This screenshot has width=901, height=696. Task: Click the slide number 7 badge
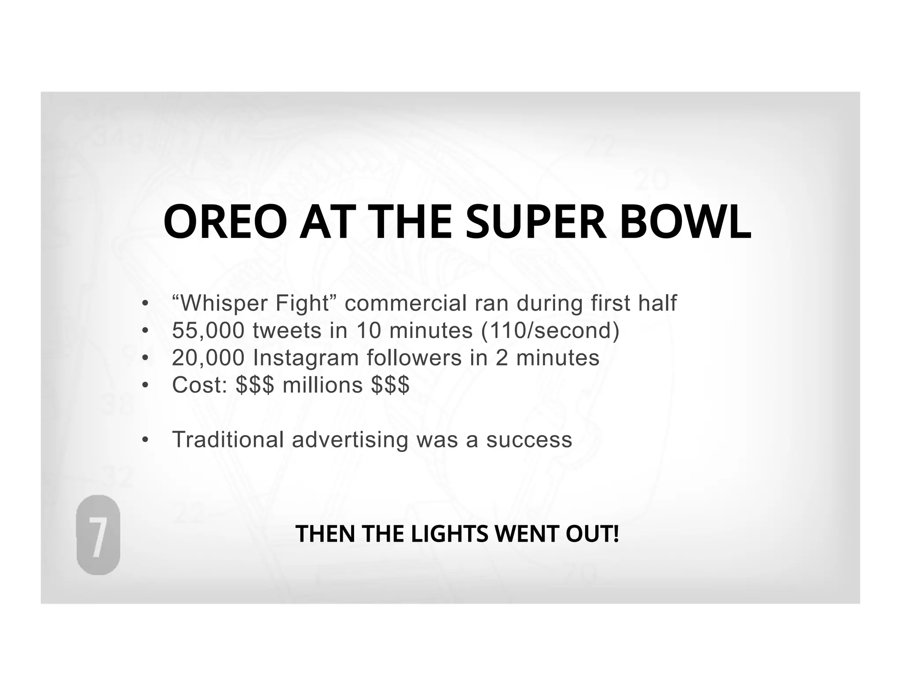click(98, 535)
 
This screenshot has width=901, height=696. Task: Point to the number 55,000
click(208, 330)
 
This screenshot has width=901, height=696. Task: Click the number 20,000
click(208, 358)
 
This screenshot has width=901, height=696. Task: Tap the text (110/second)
click(550, 330)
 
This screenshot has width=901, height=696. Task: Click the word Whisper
click(224, 304)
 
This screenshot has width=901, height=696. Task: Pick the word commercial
click(405, 304)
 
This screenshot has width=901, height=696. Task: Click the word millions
click(322, 385)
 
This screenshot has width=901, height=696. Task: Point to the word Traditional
click(228, 440)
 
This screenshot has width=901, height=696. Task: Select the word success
click(529, 440)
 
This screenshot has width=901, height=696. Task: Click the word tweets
click(287, 330)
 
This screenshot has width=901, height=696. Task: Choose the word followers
click(414, 358)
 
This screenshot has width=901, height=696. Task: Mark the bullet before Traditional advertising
click(145, 440)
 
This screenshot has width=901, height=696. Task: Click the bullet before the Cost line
click(145, 385)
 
